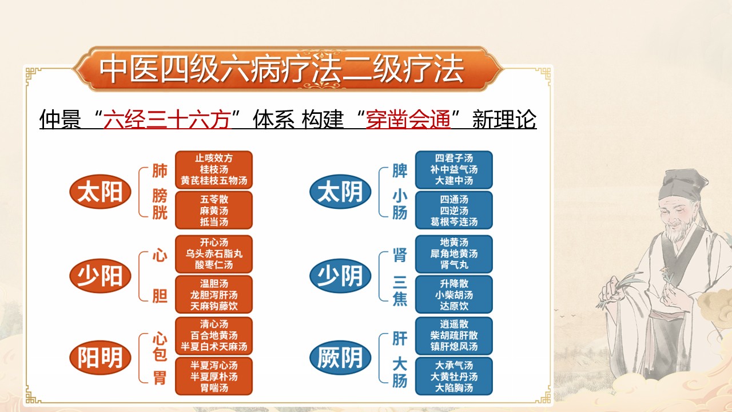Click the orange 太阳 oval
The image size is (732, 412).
point(100,192)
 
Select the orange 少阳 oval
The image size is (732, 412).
point(100,276)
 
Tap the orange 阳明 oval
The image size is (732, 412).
point(100,358)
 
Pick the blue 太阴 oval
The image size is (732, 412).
point(340,192)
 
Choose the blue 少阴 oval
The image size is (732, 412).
point(340,276)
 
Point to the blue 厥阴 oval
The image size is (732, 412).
point(340,358)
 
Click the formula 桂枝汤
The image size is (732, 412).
point(214,169)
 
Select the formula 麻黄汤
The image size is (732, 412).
point(214,211)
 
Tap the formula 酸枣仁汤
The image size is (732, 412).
point(214,265)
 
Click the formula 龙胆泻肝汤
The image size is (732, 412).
point(214,295)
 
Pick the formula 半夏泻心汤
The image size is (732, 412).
point(214,365)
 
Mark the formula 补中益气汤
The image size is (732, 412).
point(454,169)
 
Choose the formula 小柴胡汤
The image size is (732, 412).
point(454,295)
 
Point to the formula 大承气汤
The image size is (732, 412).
point(454,365)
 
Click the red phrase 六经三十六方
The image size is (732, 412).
point(166,121)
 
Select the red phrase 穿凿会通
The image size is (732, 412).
point(408,121)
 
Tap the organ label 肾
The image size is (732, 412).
point(400,255)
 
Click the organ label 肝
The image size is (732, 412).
point(400,339)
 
